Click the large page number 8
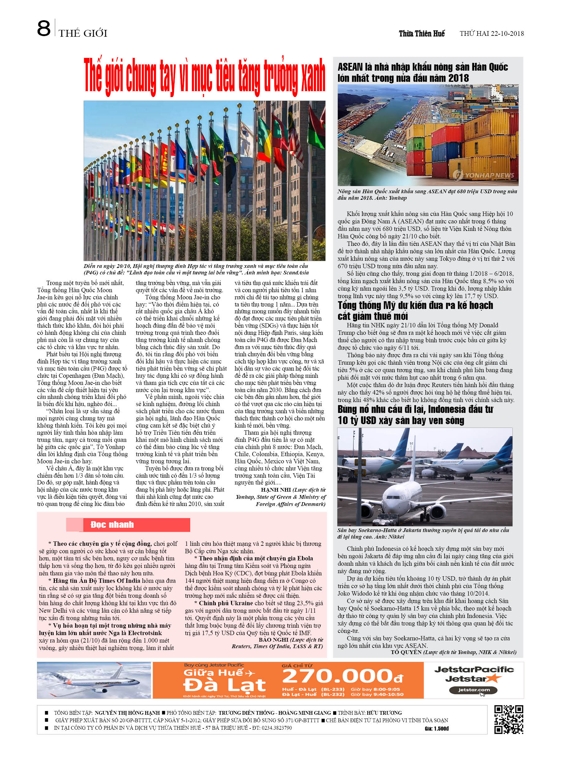[x=44, y=29]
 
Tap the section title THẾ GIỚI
[x=83, y=33]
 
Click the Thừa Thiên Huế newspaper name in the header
[x=422, y=34]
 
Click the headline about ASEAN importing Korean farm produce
[x=422, y=73]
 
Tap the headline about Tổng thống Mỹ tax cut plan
[x=415, y=311]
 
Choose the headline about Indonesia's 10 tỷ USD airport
[x=415, y=414]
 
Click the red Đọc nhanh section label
[x=112, y=525]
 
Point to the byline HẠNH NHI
[x=275, y=490]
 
